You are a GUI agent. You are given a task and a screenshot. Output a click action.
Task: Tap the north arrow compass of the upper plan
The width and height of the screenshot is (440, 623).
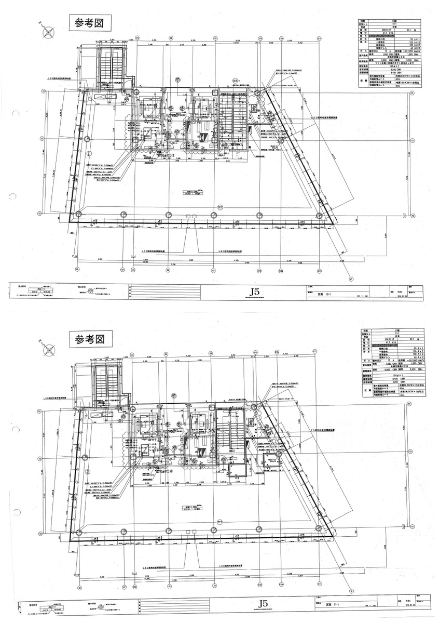click(x=48, y=30)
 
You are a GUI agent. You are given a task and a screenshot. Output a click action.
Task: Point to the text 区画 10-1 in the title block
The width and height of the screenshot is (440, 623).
click(x=324, y=294)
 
